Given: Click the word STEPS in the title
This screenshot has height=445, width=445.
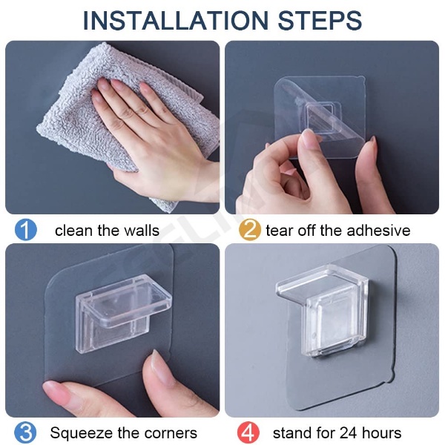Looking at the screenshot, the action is (320, 21).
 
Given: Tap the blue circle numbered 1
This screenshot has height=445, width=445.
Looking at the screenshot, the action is (25, 230).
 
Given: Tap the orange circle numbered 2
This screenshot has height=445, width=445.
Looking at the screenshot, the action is (249, 230).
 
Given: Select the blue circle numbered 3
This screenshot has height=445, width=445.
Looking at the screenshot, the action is (25, 432).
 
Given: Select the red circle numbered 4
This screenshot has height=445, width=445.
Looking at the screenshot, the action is (248, 432).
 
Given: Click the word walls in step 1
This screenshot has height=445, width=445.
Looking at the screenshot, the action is (142, 230).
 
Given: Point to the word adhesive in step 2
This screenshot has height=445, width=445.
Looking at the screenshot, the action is (378, 230).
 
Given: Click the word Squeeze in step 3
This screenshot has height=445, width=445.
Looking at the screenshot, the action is (82, 433).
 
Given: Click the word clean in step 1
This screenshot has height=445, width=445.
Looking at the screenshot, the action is (73, 230).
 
